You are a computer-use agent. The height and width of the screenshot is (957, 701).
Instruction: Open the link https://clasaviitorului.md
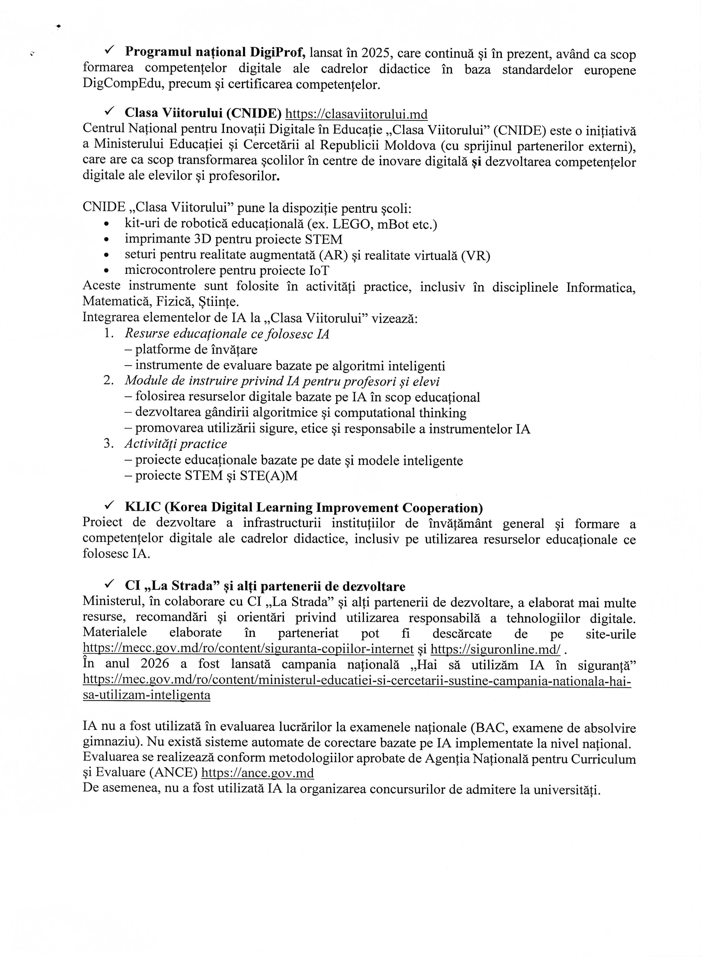[356, 114]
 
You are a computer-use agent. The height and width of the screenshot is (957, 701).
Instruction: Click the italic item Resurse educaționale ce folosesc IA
[227, 334]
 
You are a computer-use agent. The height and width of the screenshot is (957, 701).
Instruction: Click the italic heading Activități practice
[176, 444]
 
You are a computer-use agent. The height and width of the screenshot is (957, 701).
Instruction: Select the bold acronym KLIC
[143, 508]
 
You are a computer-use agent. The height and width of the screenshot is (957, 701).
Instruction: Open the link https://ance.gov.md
[258, 773]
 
